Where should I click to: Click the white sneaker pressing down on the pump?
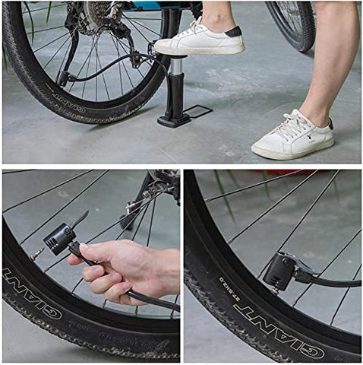coord(199,41)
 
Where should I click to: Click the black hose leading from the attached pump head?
coord(334,281)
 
